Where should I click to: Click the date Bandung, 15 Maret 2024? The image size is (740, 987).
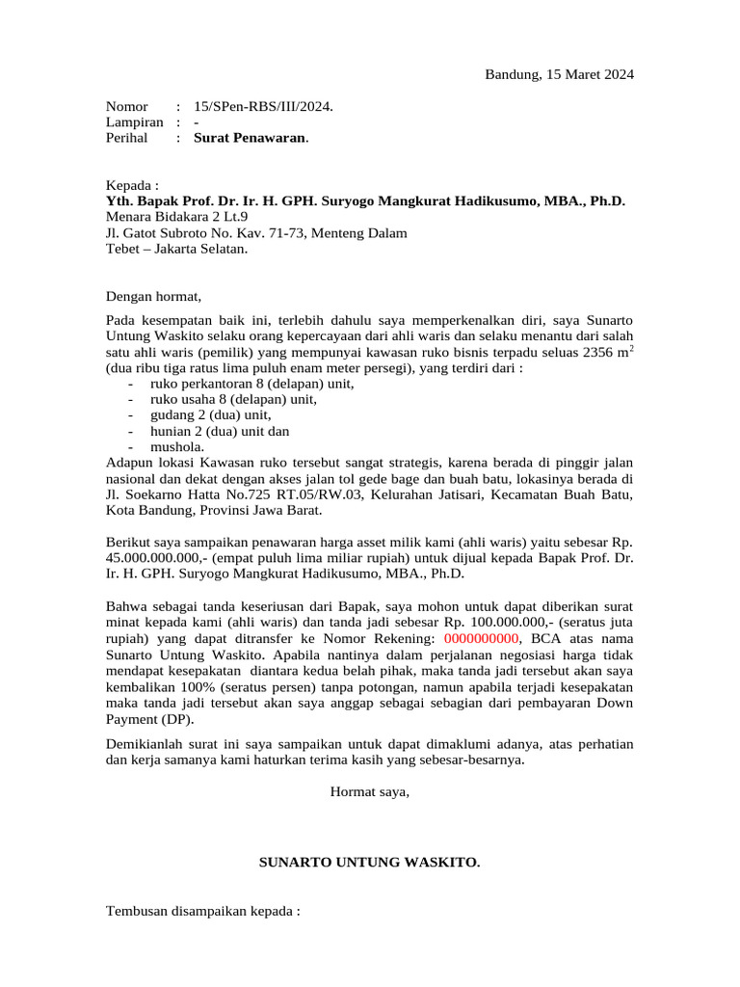point(559,74)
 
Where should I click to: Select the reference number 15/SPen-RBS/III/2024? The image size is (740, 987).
point(263,106)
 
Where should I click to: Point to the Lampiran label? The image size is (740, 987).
point(134,122)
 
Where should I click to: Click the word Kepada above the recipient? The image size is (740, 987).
point(131,185)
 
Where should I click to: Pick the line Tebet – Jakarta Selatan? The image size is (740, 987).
point(176,249)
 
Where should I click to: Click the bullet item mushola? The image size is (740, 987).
point(177,446)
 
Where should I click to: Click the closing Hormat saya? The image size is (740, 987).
point(370,792)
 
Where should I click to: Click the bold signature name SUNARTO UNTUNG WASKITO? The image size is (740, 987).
point(370,862)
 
